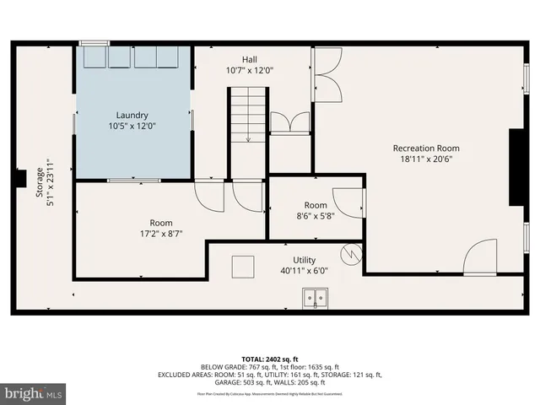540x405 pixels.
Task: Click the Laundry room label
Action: pyautogui.click(x=132, y=115)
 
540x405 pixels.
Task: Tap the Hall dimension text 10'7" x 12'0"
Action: pyautogui.click(x=249, y=71)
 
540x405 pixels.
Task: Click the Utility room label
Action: pyautogui.click(x=305, y=260)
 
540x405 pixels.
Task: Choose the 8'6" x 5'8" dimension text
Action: pyautogui.click(x=316, y=216)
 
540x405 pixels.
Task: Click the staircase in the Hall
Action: pyautogui.click(x=248, y=116)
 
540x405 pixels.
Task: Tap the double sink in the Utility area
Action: pyautogui.click(x=316, y=297)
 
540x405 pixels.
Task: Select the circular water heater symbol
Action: pyautogui.click(x=351, y=251)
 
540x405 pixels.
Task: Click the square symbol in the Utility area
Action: pyautogui.click(x=244, y=265)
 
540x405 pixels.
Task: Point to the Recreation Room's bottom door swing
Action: pyautogui.click(x=480, y=257)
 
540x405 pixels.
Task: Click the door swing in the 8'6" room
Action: pyautogui.click(x=348, y=203)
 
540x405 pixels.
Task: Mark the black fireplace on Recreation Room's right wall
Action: pyautogui.click(x=514, y=167)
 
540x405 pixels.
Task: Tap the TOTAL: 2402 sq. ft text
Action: pyautogui.click(x=269, y=358)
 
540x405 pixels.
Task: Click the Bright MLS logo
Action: pyautogui.click(x=34, y=392)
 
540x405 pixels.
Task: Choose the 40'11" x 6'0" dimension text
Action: pyautogui.click(x=305, y=271)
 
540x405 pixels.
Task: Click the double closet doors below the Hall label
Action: pyautogui.click(x=290, y=122)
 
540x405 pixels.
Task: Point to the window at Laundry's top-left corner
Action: pyautogui.click(x=94, y=42)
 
